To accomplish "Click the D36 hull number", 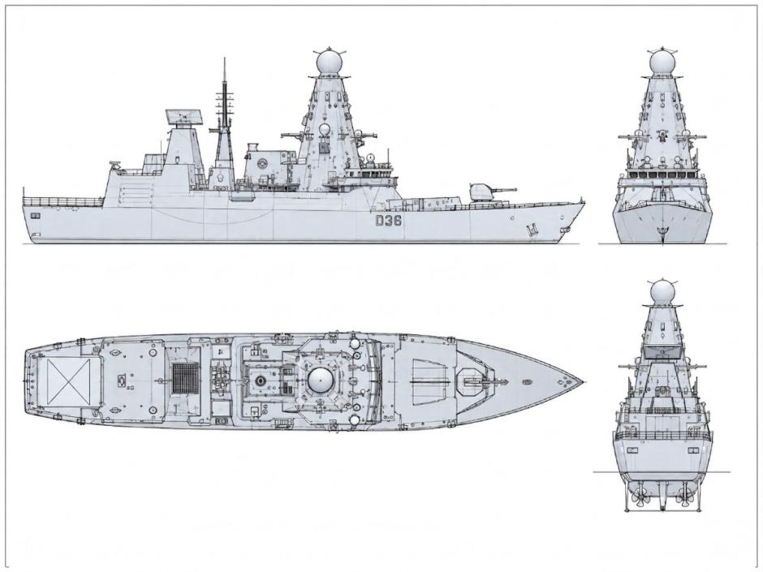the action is pyautogui.click(x=388, y=221).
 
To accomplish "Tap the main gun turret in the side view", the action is pyautogui.click(x=482, y=192).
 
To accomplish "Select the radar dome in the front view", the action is pyautogui.click(x=662, y=62).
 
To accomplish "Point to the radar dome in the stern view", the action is pyautogui.click(x=662, y=293).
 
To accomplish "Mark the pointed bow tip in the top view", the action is pyautogui.click(x=583, y=381).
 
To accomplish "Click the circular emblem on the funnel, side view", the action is pyautogui.click(x=262, y=163).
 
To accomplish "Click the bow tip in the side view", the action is pyautogui.click(x=584, y=200).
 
